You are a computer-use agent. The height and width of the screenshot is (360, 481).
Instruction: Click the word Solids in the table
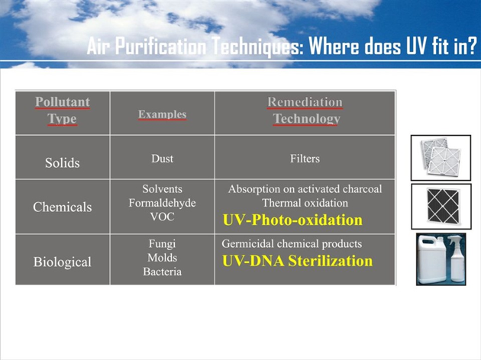63,162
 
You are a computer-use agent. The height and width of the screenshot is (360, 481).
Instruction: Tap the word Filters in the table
305,159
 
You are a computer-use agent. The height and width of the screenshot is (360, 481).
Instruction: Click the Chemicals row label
63,207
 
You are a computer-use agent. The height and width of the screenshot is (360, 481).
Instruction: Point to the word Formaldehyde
163,203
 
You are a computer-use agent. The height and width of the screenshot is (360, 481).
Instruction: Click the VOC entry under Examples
163,217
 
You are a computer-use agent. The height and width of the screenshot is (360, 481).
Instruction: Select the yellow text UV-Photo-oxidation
292,220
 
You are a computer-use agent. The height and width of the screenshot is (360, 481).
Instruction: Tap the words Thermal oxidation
305,203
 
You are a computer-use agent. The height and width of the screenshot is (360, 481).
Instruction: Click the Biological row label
63,262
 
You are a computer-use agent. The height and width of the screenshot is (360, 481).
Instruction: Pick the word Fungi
163,244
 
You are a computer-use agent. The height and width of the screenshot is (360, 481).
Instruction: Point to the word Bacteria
163,272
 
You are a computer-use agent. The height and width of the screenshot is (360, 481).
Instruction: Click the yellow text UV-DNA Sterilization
297,261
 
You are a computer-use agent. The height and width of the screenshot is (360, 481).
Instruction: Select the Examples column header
163,114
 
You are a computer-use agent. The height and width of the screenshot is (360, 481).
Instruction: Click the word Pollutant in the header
63,102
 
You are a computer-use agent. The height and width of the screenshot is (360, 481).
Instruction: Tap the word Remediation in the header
305,102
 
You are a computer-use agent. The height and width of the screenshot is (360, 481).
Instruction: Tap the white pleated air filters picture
441,157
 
